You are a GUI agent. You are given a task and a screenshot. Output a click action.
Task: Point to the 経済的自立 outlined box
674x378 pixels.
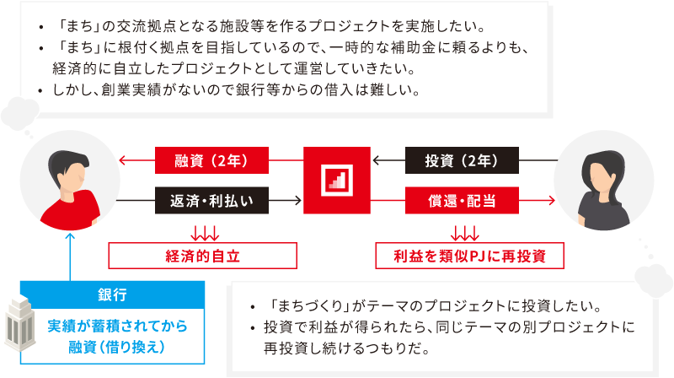(202, 255)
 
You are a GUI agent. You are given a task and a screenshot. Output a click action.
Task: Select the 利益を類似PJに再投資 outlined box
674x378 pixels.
(469, 255)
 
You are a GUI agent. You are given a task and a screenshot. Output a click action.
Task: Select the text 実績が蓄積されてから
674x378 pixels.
(117, 325)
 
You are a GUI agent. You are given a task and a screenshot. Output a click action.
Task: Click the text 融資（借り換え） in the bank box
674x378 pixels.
(117, 346)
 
